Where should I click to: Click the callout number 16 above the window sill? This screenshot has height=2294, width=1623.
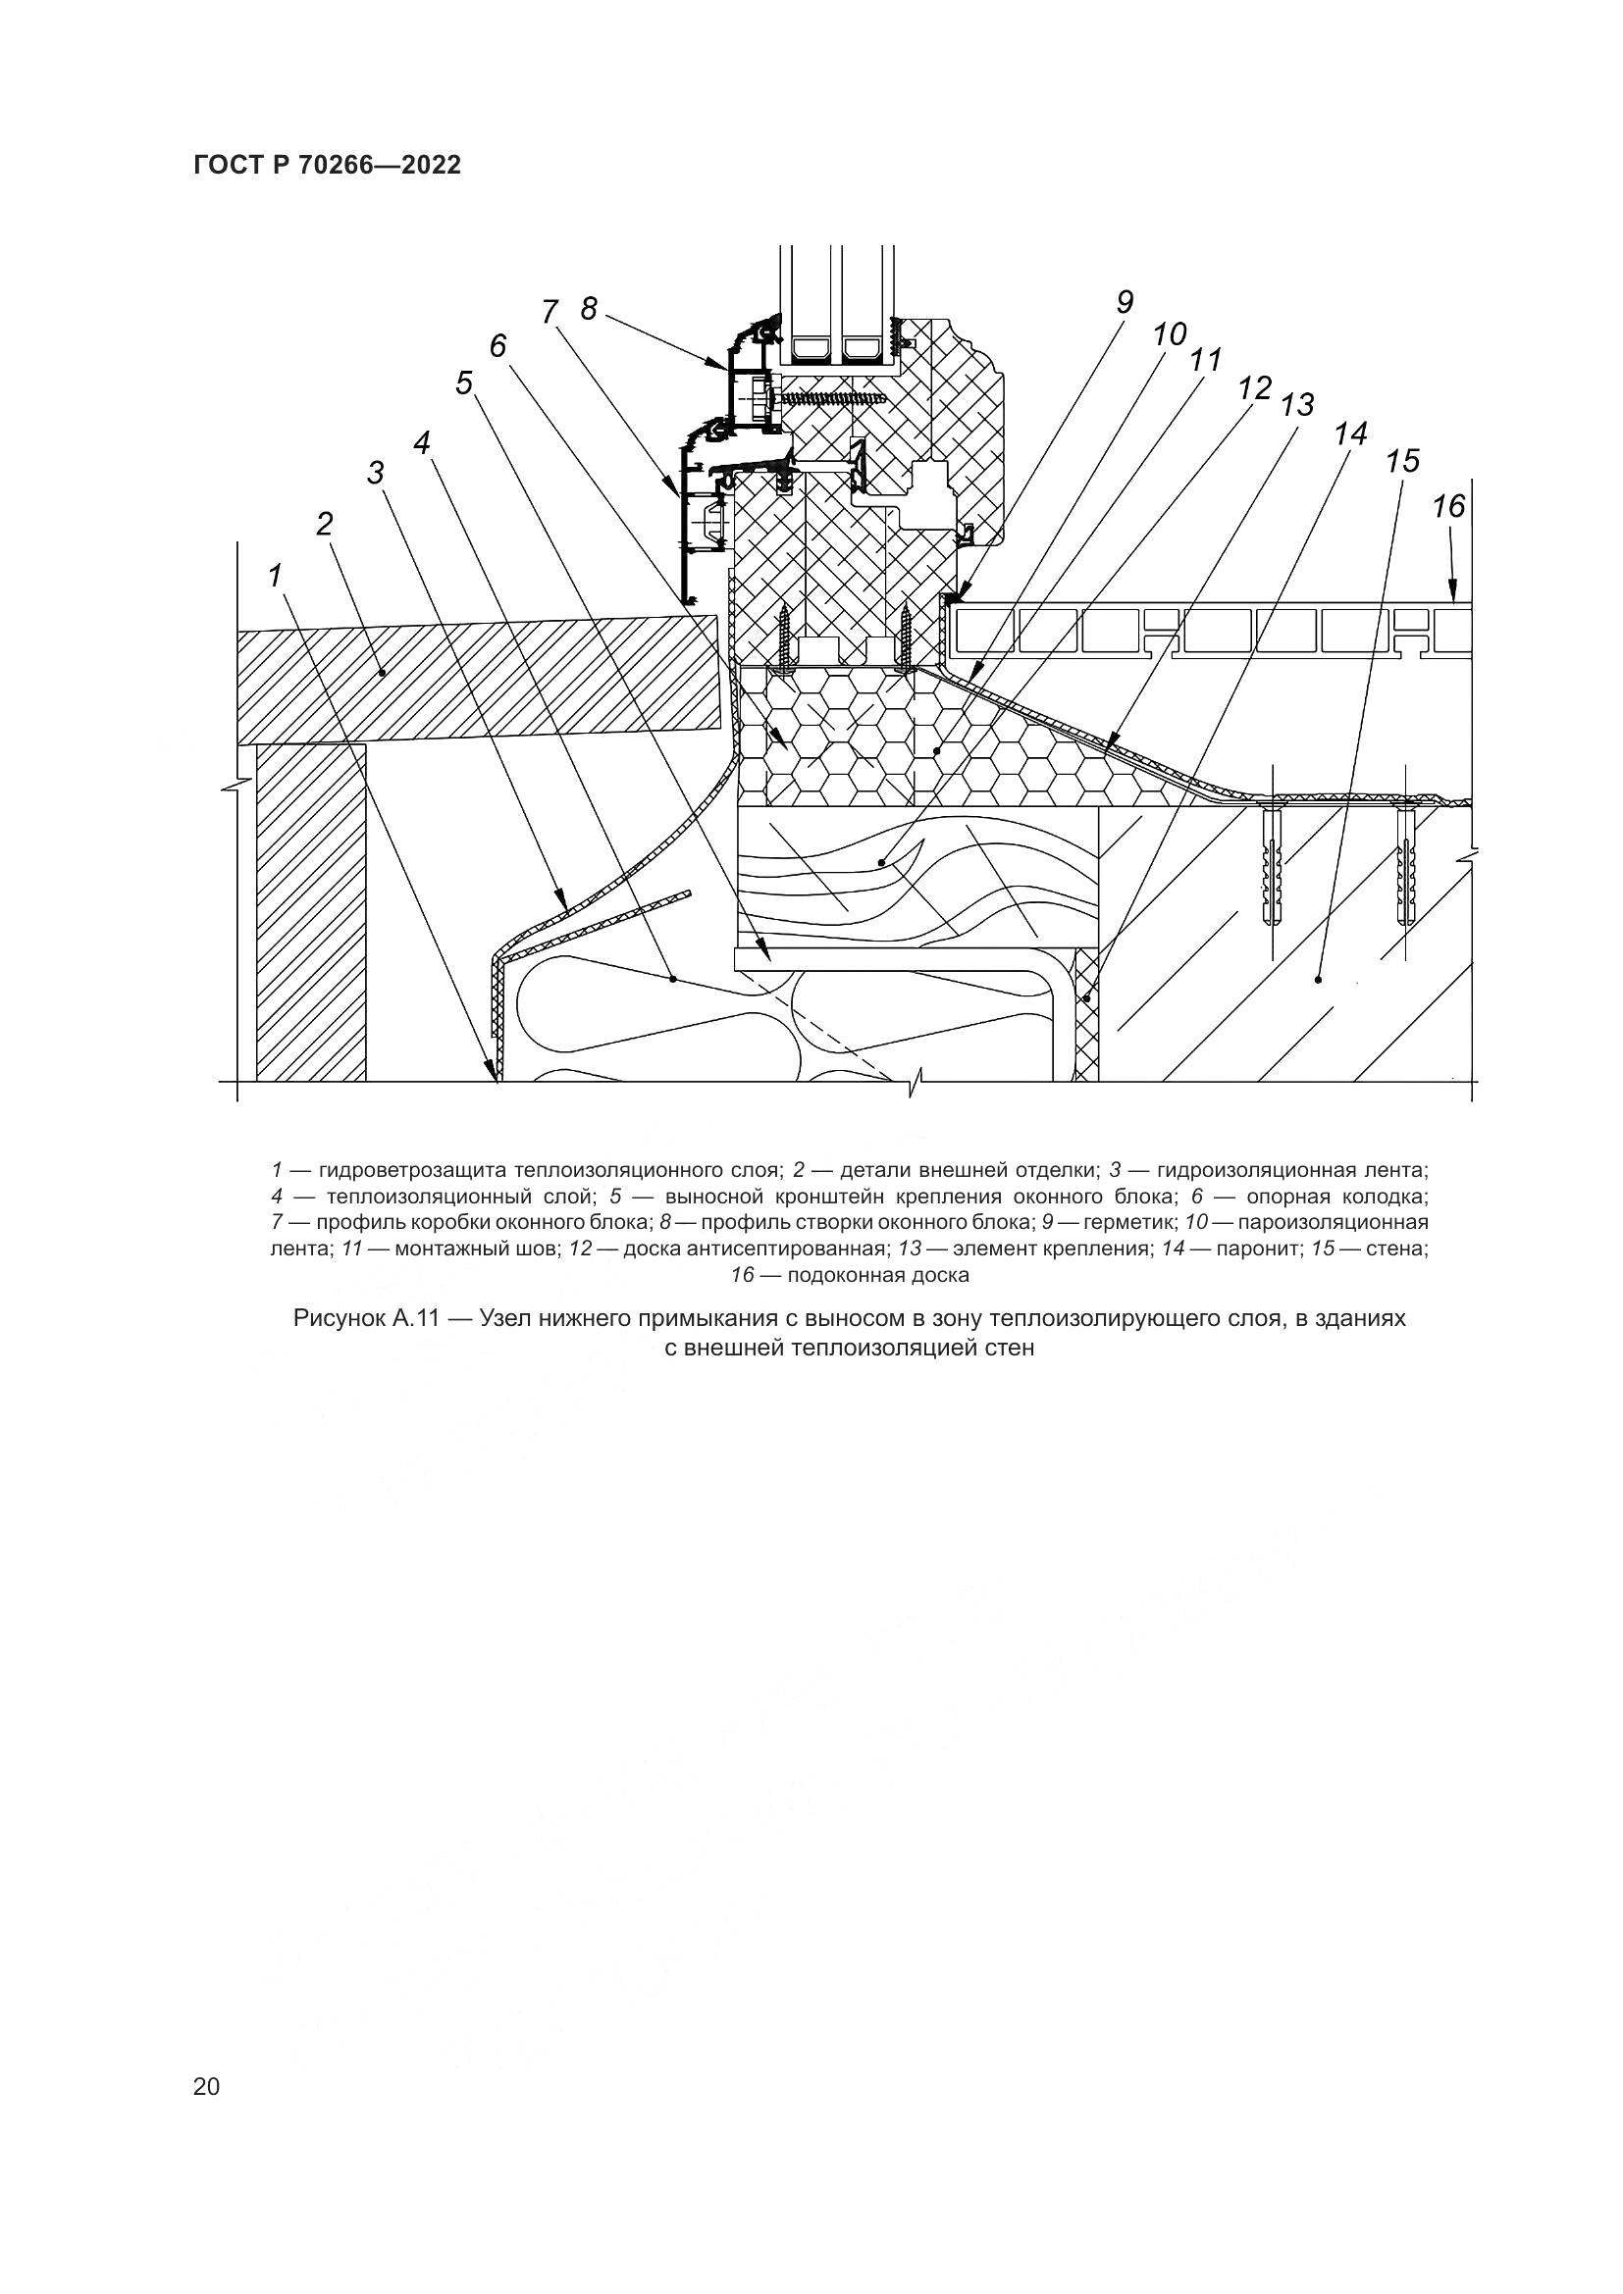(1447, 508)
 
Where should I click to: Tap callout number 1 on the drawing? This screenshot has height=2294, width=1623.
(275, 576)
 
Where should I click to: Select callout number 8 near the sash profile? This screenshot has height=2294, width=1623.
(589, 309)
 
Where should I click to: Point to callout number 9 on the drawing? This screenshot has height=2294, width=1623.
(1126, 303)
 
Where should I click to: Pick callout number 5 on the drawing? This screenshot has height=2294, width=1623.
(464, 382)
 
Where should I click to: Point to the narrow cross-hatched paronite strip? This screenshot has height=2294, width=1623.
(1085, 1014)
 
